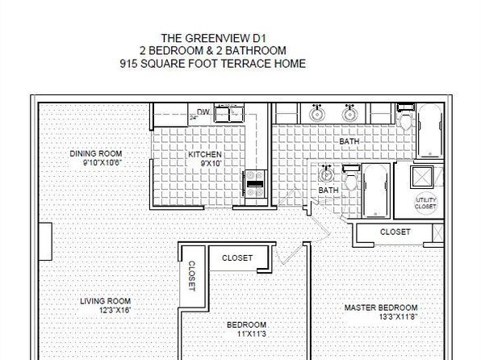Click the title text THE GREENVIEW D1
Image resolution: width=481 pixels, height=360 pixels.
pyautogui.click(x=214, y=39)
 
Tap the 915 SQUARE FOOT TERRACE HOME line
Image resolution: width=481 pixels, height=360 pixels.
pyautogui.click(x=213, y=64)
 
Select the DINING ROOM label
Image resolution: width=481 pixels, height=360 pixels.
pyautogui.click(x=96, y=153)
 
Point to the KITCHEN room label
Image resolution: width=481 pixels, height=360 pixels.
pyautogui.click(x=205, y=154)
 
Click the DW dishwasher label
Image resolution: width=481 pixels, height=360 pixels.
pyautogui.click(x=203, y=111)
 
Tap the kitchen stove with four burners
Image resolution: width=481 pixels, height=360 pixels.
pyautogui.click(x=256, y=184)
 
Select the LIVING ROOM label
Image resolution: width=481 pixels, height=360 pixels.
pyautogui.click(x=105, y=301)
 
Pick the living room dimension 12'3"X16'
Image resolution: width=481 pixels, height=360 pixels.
pyautogui.click(x=115, y=310)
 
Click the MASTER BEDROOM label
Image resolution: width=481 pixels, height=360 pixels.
pyautogui.click(x=381, y=308)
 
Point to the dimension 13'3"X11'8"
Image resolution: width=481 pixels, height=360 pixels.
pyautogui.click(x=398, y=316)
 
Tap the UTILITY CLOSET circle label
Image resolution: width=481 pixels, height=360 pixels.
pyautogui.click(x=425, y=203)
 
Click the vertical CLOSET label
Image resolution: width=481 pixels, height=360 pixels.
pyautogui.click(x=191, y=276)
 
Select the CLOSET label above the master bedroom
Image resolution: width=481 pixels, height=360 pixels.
pyautogui.click(x=395, y=232)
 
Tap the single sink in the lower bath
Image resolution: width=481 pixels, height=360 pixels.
pyautogui.click(x=326, y=174)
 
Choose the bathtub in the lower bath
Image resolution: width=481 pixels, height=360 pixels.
pyautogui.click(x=376, y=190)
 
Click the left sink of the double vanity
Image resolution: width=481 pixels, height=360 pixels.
pyautogui.click(x=316, y=114)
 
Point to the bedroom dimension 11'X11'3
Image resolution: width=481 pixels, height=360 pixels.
pyautogui.click(x=252, y=333)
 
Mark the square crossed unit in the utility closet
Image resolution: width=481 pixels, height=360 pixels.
pyautogui.click(x=422, y=177)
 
